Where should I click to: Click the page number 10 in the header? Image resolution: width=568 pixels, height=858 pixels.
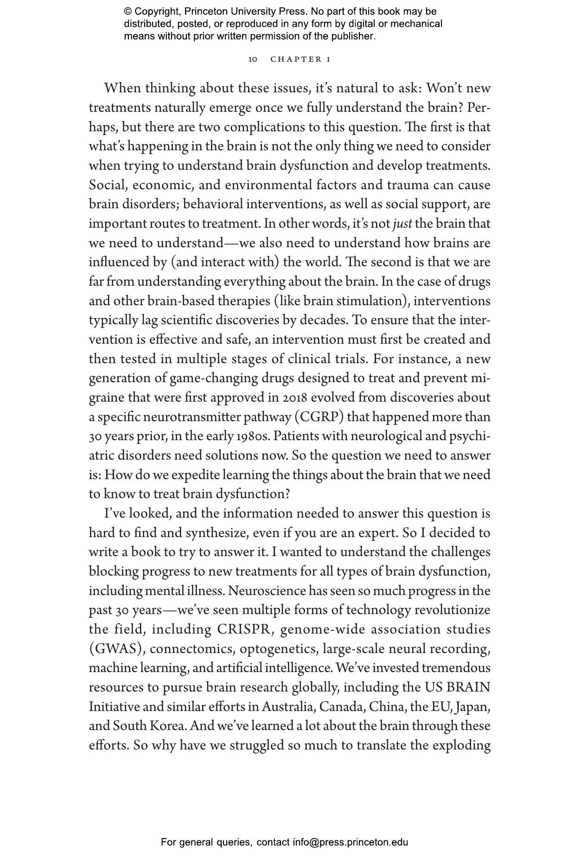(253, 59)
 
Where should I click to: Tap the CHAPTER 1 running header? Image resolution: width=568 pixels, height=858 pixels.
(300, 59)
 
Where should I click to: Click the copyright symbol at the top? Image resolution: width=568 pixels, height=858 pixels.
(128, 12)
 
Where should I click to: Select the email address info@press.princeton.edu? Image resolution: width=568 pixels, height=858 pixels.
(350, 842)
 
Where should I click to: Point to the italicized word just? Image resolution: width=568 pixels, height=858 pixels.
(402, 224)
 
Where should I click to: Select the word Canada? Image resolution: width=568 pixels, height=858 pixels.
(341, 707)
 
